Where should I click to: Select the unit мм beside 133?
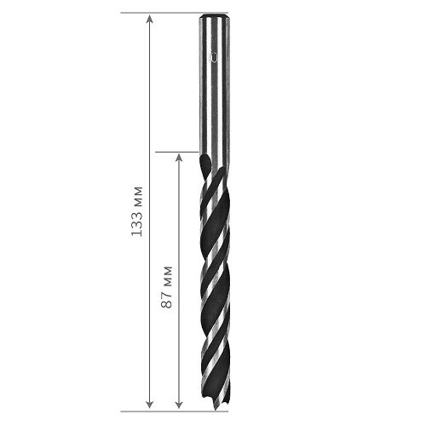click(x=138, y=195)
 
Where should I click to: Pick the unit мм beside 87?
click(x=168, y=275)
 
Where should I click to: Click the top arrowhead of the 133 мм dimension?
click(x=150, y=20)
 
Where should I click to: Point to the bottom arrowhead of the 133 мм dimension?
click(x=150, y=405)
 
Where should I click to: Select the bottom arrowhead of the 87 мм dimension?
click(x=179, y=405)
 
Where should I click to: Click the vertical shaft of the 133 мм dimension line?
click(x=150, y=212)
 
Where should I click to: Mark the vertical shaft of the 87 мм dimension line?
click(x=179, y=281)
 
